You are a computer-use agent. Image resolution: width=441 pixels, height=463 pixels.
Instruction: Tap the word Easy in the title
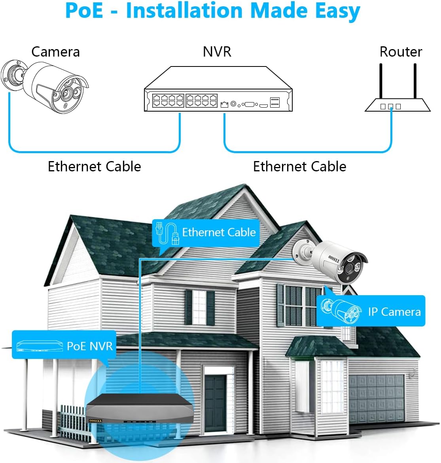pos(337,12)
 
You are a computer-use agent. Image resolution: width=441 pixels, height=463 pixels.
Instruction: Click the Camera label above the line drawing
pos(55,52)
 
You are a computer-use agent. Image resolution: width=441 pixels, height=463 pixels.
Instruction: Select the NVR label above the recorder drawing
pos(217,52)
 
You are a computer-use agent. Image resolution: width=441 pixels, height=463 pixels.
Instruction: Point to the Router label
pos(401,52)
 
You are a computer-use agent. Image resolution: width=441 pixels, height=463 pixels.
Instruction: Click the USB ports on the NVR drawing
pos(275,102)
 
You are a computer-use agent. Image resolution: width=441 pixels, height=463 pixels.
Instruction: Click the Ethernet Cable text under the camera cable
pos(94,167)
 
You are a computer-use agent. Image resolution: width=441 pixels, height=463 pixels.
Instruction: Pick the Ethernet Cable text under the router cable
pos(299,167)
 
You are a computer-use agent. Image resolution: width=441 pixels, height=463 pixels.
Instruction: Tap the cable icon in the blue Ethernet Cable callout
pos(167,233)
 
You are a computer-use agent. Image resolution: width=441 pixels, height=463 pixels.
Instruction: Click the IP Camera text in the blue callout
pos(394,312)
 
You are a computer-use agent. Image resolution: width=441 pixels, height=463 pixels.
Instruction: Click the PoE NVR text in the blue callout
pos(90,346)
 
